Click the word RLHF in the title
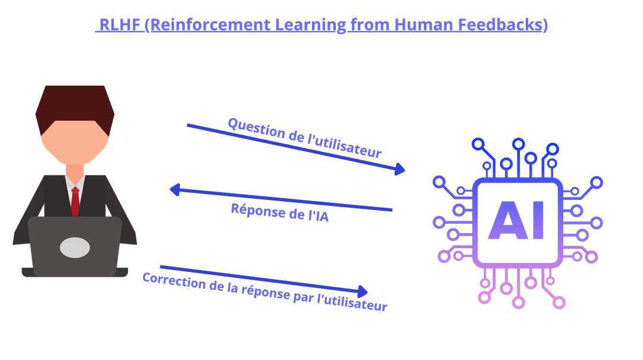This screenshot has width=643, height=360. (x=120, y=24)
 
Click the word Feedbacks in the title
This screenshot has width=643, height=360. (x=500, y=24)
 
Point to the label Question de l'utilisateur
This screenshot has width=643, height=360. (x=305, y=138)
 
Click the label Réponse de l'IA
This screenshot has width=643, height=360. (x=280, y=212)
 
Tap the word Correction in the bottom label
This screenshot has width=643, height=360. (x=174, y=281)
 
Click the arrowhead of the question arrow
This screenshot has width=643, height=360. (x=399, y=168)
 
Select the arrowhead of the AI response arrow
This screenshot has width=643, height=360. (x=175, y=189)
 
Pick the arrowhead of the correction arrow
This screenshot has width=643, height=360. (x=363, y=292)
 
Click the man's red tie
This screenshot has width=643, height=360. (x=75, y=201)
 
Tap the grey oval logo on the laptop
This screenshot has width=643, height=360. (x=74, y=248)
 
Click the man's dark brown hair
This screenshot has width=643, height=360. (x=74, y=105)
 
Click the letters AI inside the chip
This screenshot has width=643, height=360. (x=516, y=220)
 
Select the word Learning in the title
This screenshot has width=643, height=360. (x=310, y=24)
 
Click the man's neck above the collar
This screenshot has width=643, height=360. (x=75, y=171)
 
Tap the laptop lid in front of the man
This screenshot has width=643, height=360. (x=75, y=246)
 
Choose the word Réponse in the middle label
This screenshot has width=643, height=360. (x=258, y=210)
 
